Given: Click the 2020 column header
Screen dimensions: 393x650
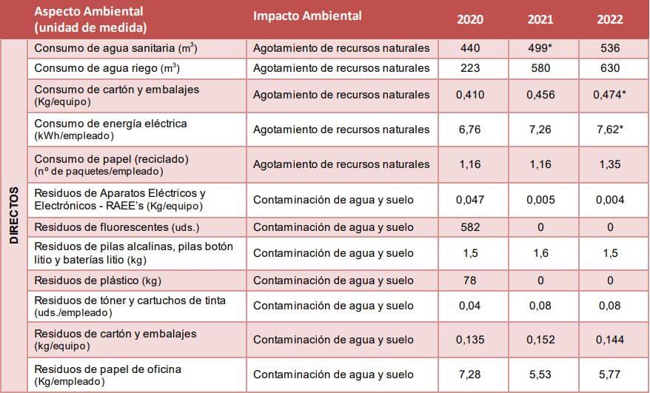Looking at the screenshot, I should (x=469, y=19).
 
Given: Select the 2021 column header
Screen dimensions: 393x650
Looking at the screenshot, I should (x=540, y=19).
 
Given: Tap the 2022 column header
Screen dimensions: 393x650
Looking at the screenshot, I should (x=609, y=19).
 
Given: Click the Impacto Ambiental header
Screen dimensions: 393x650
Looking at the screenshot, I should (x=307, y=16).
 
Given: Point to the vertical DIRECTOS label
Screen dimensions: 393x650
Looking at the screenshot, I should (x=14, y=215).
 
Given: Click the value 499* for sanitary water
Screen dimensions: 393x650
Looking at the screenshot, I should (x=540, y=48).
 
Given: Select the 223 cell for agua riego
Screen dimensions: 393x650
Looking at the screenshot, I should (x=469, y=68).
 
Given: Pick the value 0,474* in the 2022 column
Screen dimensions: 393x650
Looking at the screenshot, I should (x=611, y=95).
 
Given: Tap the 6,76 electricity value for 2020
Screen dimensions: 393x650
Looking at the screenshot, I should (x=469, y=130).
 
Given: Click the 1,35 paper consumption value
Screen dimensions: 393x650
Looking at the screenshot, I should (x=609, y=164).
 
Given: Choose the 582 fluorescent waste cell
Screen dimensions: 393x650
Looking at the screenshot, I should (x=469, y=227).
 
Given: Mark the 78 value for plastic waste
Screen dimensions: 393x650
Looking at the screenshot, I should (x=469, y=281).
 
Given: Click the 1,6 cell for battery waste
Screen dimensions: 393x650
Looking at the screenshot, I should (x=540, y=253).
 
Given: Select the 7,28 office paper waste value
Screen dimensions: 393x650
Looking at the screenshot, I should (x=469, y=374).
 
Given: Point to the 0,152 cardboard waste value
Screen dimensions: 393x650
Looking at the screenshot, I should (x=540, y=340).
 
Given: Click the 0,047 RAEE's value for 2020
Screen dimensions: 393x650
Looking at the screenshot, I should (x=469, y=200).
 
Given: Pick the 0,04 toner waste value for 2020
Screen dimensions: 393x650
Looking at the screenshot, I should (x=469, y=306).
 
